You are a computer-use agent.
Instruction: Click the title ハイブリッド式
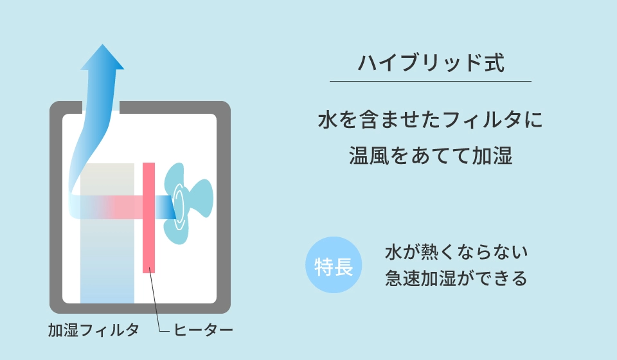click(x=431, y=63)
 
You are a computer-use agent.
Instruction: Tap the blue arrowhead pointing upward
click(x=102, y=57)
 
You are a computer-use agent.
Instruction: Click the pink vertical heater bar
click(x=148, y=217)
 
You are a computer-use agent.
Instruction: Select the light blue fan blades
click(x=188, y=203)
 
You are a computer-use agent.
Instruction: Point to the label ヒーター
click(x=203, y=330)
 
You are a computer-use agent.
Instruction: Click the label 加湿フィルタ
click(x=93, y=330)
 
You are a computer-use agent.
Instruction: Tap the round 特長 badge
click(x=334, y=265)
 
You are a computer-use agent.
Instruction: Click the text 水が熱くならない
click(x=456, y=252)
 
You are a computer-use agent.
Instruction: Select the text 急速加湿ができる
click(x=456, y=278)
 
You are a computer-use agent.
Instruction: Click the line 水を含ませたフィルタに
click(x=431, y=120)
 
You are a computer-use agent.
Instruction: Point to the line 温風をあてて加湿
click(x=431, y=156)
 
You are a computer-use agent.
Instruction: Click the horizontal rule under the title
click(x=431, y=82)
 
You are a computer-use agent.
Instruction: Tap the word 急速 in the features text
click(x=402, y=278)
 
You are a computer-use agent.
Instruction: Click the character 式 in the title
click(x=495, y=63)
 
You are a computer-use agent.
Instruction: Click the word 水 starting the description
click(x=328, y=120)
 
